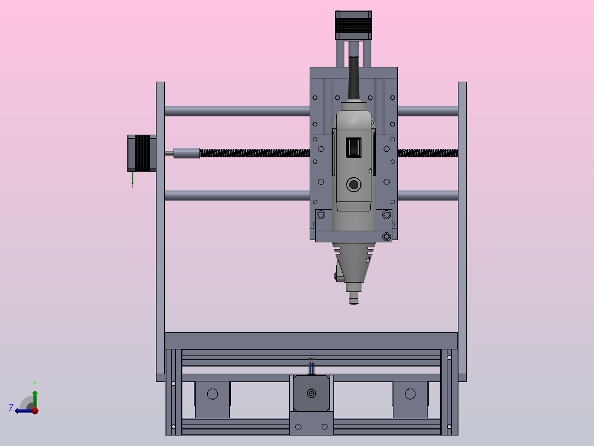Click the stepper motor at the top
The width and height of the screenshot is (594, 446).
coord(353,25)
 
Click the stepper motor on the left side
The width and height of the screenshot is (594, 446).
coord(142,153)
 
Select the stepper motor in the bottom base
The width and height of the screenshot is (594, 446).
coord(311,393)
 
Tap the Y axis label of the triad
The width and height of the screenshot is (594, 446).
coord(35,384)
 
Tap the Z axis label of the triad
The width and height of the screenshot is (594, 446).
coord(11,408)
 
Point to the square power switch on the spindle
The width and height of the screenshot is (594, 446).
coord(353,147)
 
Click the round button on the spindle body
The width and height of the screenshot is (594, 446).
coord(353,185)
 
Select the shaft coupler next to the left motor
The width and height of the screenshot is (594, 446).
coord(186,153)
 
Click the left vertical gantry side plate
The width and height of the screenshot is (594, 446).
coord(160,231)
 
